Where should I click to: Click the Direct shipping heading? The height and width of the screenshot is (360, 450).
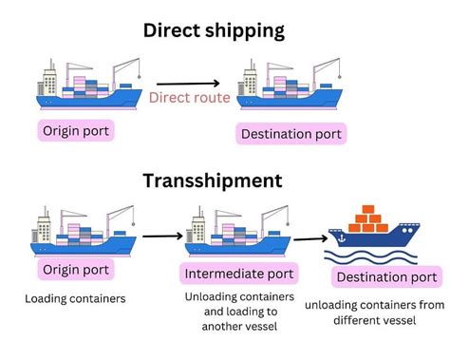pos(214,29)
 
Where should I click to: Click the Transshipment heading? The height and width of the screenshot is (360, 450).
pos(212,180)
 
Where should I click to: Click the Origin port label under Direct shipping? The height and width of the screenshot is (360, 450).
pos(76,129)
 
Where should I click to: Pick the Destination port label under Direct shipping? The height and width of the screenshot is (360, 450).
pos(291,133)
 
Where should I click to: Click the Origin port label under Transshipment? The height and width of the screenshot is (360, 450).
pos(75,270)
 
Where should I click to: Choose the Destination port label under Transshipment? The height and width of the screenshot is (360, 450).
pos(384,277)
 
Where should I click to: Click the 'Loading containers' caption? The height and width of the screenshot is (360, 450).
pos(76,299)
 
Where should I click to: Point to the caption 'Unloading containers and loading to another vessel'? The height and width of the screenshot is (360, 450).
pos(233,312)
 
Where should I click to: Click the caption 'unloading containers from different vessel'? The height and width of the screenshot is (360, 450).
pos(373,313)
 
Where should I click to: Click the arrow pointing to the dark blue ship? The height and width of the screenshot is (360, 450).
pos(308,238)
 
